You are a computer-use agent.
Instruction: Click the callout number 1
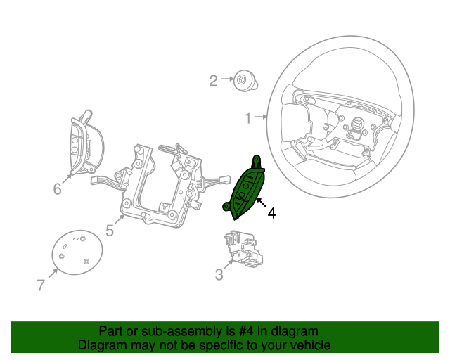248,117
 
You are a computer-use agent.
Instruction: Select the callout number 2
213,81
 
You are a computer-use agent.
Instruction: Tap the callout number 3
219,274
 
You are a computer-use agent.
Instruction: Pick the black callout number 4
272,213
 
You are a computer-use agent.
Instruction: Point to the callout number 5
110,230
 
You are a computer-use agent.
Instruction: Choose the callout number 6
58,188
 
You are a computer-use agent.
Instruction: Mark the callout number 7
41,285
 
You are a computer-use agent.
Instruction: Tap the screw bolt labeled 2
245,81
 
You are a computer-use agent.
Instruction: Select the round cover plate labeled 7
77,252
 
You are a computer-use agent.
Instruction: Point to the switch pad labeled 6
86,143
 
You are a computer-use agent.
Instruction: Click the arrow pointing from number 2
227,79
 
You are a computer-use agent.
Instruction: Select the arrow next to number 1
261,117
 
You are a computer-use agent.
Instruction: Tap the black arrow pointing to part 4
262,202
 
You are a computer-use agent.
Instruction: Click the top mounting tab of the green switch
256,161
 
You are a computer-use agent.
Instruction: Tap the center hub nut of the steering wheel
358,124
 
